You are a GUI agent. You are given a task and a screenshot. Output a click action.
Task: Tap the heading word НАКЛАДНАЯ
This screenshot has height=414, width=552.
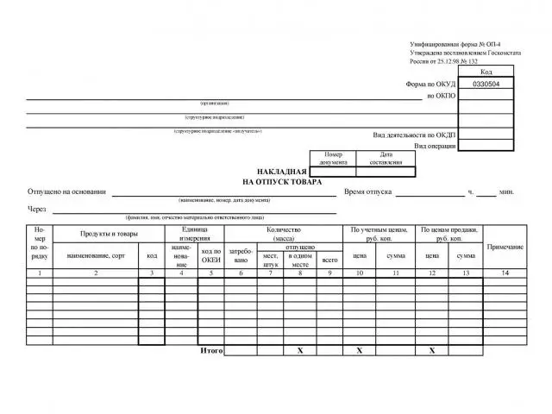(x=282, y=172)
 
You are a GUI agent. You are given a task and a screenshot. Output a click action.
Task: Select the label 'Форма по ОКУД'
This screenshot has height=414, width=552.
(x=431, y=85)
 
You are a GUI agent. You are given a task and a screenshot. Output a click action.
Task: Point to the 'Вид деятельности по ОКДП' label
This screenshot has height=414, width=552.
(x=414, y=135)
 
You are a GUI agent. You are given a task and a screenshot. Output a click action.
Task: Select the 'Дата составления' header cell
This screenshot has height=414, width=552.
(x=386, y=159)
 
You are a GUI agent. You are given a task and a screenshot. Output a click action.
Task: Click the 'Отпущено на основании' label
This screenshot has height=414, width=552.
(x=66, y=191)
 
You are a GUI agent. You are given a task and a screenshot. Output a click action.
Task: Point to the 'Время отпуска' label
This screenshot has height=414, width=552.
(x=368, y=191)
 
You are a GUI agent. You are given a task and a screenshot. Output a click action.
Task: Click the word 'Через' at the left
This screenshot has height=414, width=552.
(x=36, y=209)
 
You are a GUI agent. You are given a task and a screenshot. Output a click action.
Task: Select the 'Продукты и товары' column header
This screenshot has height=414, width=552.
(x=109, y=234)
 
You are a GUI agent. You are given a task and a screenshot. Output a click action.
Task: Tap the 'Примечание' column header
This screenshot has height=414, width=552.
(x=505, y=247)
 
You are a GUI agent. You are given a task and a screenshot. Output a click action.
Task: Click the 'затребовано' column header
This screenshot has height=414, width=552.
(x=241, y=255)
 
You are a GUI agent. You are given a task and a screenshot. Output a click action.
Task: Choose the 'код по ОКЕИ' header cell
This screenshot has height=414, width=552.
(x=210, y=255)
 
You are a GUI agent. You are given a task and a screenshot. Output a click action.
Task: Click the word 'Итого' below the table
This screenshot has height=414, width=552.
(x=211, y=351)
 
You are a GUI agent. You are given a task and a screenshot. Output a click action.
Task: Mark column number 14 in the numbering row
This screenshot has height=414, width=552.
(x=505, y=273)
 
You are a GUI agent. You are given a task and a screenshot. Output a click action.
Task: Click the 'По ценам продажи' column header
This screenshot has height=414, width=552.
(x=449, y=234)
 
